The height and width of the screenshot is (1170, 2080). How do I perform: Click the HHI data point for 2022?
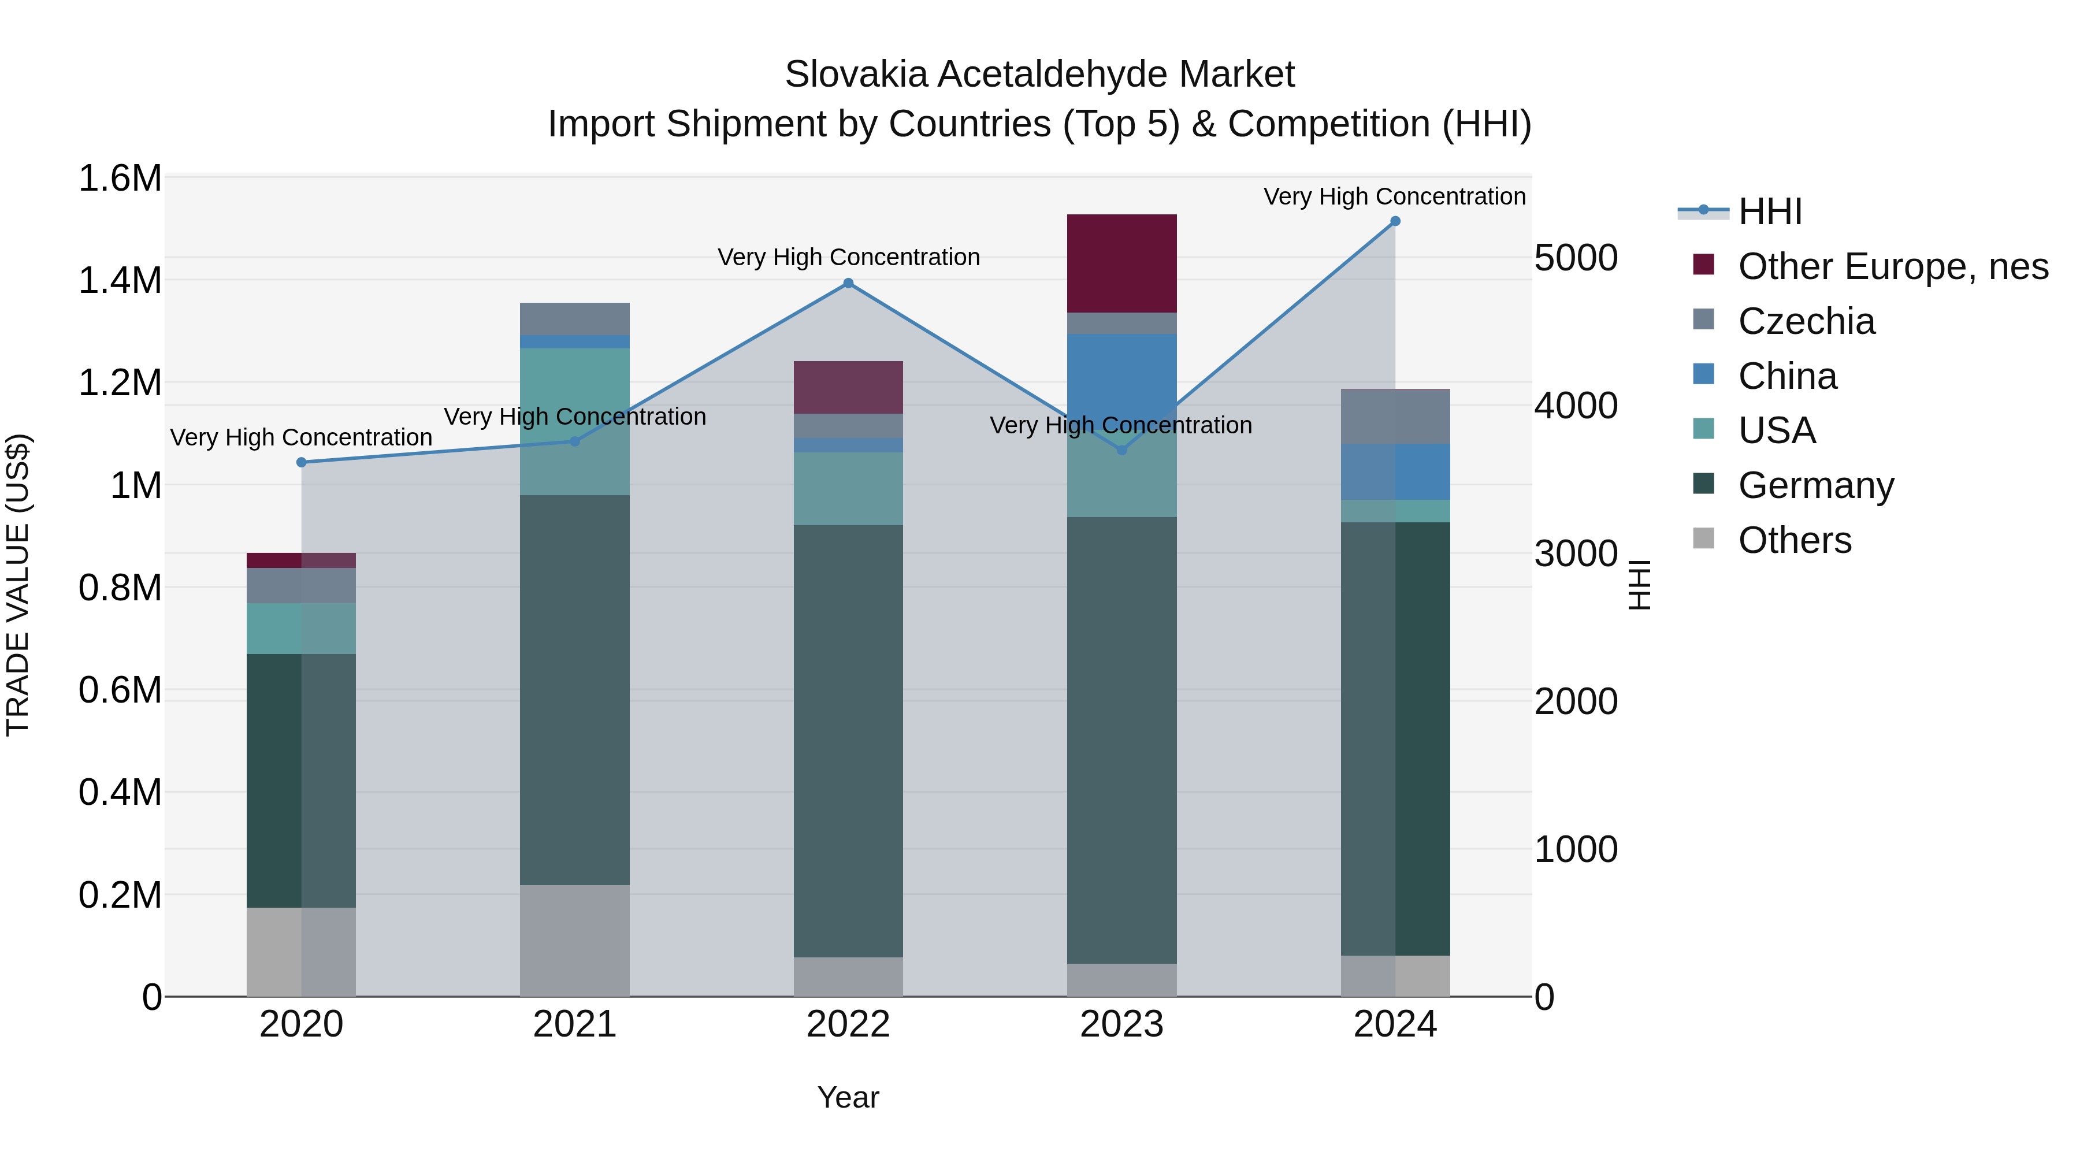848,284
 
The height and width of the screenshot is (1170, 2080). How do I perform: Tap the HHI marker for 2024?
1395,221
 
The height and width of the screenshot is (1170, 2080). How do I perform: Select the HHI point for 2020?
301,463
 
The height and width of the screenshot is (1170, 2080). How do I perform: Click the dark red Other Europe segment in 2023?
1121,263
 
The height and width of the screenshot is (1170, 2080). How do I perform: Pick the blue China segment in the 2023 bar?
1121,372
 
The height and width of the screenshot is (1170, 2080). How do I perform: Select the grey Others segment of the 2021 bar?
574,940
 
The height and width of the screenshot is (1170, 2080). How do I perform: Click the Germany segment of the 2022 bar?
848,741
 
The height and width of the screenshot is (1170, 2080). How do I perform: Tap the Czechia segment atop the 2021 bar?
574,319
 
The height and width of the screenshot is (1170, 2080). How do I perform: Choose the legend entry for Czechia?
1806,321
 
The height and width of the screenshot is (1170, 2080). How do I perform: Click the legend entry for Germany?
1816,485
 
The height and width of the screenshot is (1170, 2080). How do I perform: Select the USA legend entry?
1777,430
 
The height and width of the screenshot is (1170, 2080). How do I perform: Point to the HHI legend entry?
1769,211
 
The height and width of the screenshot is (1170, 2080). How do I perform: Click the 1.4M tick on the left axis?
120,281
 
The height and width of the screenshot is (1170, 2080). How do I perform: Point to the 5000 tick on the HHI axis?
1576,258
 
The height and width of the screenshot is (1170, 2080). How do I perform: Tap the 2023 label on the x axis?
1121,1024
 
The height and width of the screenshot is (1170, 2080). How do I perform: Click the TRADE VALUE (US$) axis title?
18,585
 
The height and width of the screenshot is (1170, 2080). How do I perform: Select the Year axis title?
848,1097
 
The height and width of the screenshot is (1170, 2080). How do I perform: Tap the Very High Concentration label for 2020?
301,437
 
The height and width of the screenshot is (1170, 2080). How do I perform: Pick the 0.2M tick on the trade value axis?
120,894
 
